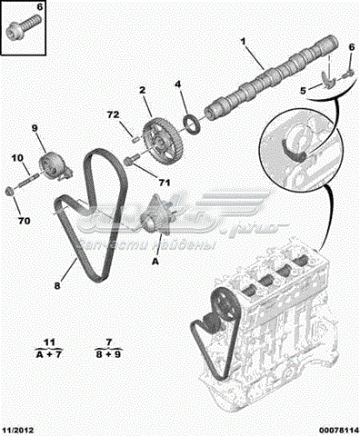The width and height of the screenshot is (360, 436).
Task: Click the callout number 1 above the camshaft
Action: [243, 42]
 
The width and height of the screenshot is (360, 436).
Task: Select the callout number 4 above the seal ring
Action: [178, 84]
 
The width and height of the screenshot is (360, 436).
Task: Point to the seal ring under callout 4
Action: [191, 124]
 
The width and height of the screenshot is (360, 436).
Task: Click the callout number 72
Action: [112, 115]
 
